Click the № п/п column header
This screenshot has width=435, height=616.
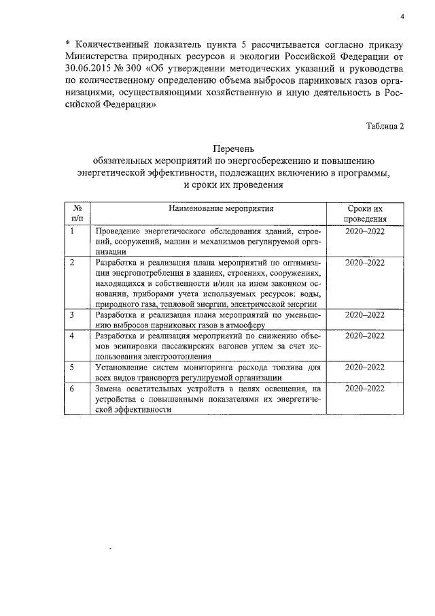pyautogui.click(x=77, y=213)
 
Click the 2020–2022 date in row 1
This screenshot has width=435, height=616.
pyautogui.click(x=365, y=231)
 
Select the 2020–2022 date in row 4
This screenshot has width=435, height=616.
pyautogui.click(x=365, y=336)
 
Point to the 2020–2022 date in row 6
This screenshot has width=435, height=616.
pyautogui.click(x=365, y=389)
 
